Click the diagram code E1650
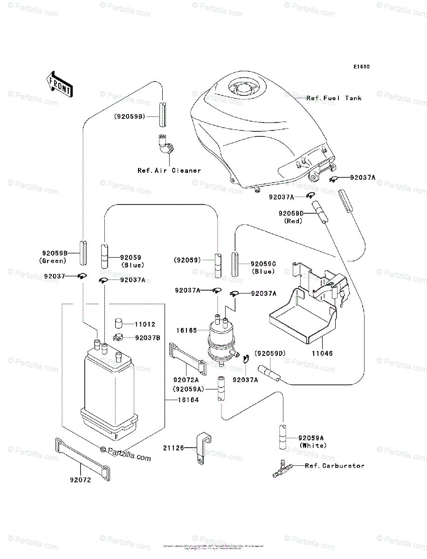click(x=361, y=67)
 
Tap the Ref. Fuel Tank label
click(x=334, y=98)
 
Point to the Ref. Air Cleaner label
click(x=169, y=170)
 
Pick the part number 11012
click(x=145, y=324)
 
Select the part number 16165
click(x=186, y=331)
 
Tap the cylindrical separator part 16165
click(x=220, y=338)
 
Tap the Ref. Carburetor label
click(x=334, y=465)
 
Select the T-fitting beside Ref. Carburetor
click(x=282, y=469)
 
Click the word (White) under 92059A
click(x=313, y=445)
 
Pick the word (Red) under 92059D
click(x=293, y=221)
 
